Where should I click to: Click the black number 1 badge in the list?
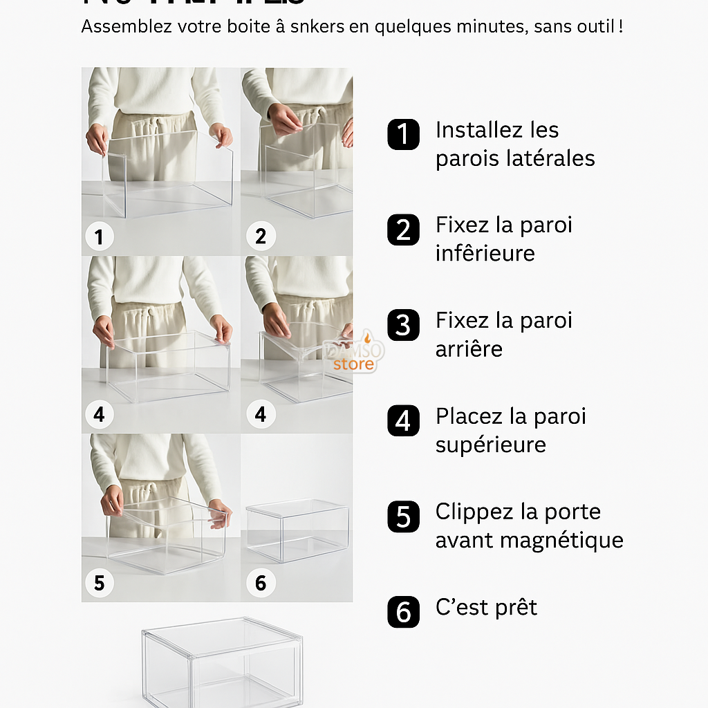pyautogui.click(x=403, y=133)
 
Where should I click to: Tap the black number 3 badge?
pyautogui.click(x=403, y=325)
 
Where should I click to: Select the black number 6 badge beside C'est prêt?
pyautogui.click(x=403, y=612)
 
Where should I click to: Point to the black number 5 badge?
pyautogui.click(x=403, y=516)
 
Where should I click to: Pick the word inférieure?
pyautogui.click(x=485, y=253)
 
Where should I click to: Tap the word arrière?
pyautogui.click(x=469, y=348)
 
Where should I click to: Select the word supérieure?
pyautogui.click(x=490, y=445)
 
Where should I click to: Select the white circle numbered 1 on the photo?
pyautogui.click(x=99, y=237)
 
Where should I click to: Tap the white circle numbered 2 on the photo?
pyautogui.click(x=261, y=237)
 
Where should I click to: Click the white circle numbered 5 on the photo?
pyautogui.click(x=99, y=583)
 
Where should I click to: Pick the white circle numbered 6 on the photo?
pyautogui.click(x=261, y=583)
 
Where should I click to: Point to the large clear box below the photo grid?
pyautogui.click(x=222, y=662)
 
